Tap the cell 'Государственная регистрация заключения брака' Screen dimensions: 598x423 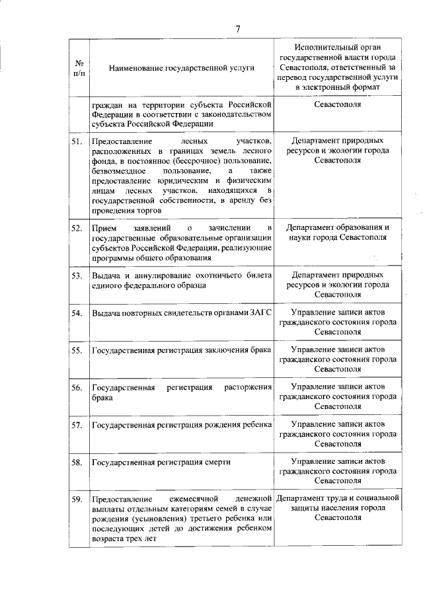[x=181, y=350]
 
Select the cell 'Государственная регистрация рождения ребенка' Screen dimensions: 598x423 [x=181, y=424]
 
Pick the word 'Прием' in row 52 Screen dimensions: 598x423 [x=104, y=228]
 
